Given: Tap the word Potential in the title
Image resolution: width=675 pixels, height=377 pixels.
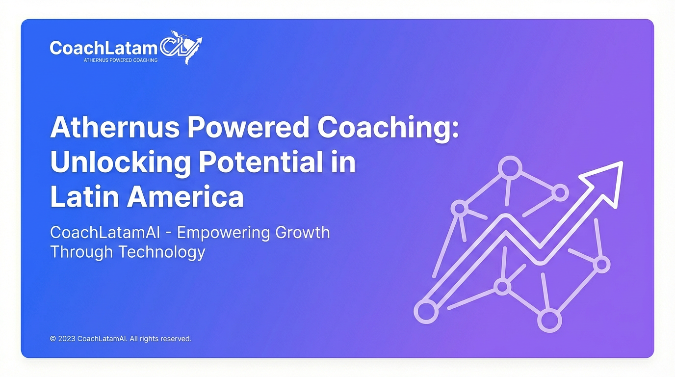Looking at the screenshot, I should (x=260, y=162).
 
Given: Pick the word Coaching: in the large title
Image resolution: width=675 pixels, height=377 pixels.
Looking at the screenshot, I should (x=388, y=128).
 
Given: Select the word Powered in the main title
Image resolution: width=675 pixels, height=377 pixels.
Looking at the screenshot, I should (x=248, y=128).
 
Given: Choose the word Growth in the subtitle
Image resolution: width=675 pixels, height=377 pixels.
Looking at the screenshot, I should (x=303, y=232).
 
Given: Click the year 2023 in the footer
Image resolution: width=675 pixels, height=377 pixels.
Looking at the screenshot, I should (x=67, y=339).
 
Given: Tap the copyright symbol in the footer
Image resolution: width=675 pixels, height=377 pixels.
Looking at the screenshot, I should (x=53, y=339).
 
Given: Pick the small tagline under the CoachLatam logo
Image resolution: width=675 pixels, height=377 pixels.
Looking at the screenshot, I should (x=121, y=60).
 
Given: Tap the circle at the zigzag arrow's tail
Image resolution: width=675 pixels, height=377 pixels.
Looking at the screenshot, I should (x=426, y=311).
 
